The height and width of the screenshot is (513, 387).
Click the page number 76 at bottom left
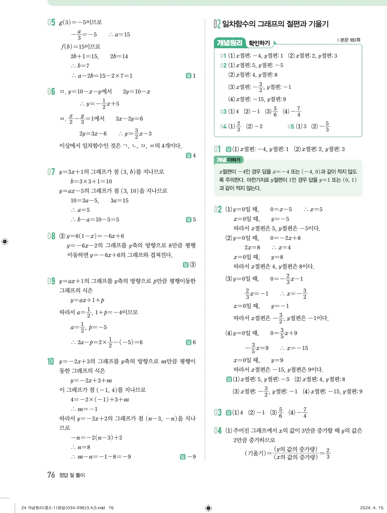click(x=51, y=475)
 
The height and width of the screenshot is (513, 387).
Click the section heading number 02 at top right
click(x=217, y=24)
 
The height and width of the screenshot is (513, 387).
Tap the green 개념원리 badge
click(x=229, y=43)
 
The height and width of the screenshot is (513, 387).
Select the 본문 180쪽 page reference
click(x=349, y=40)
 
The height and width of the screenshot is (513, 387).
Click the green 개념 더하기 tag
click(x=229, y=160)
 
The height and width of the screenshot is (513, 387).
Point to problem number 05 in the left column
click(x=51, y=22)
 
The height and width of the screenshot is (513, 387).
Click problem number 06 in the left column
click(x=51, y=91)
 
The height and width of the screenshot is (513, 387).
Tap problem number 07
click(x=51, y=172)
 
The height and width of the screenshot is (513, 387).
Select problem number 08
click(x=51, y=236)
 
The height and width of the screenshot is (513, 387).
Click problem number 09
click(x=51, y=281)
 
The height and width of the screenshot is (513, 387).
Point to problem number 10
click(x=51, y=362)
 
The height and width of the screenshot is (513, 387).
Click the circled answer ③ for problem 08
click(x=193, y=265)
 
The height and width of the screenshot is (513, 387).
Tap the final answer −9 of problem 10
click(x=192, y=457)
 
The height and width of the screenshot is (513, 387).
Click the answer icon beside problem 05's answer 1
click(x=189, y=76)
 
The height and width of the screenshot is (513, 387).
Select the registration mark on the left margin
click(x=5, y=242)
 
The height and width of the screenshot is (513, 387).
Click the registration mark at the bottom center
click(x=208, y=508)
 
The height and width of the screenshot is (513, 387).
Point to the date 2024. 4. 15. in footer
click(x=372, y=508)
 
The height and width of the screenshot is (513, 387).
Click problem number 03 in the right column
click(x=218, y=412)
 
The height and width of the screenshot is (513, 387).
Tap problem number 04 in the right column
click(x=218, y=430)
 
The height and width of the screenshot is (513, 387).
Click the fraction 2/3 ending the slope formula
click(x=328, y=453)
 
